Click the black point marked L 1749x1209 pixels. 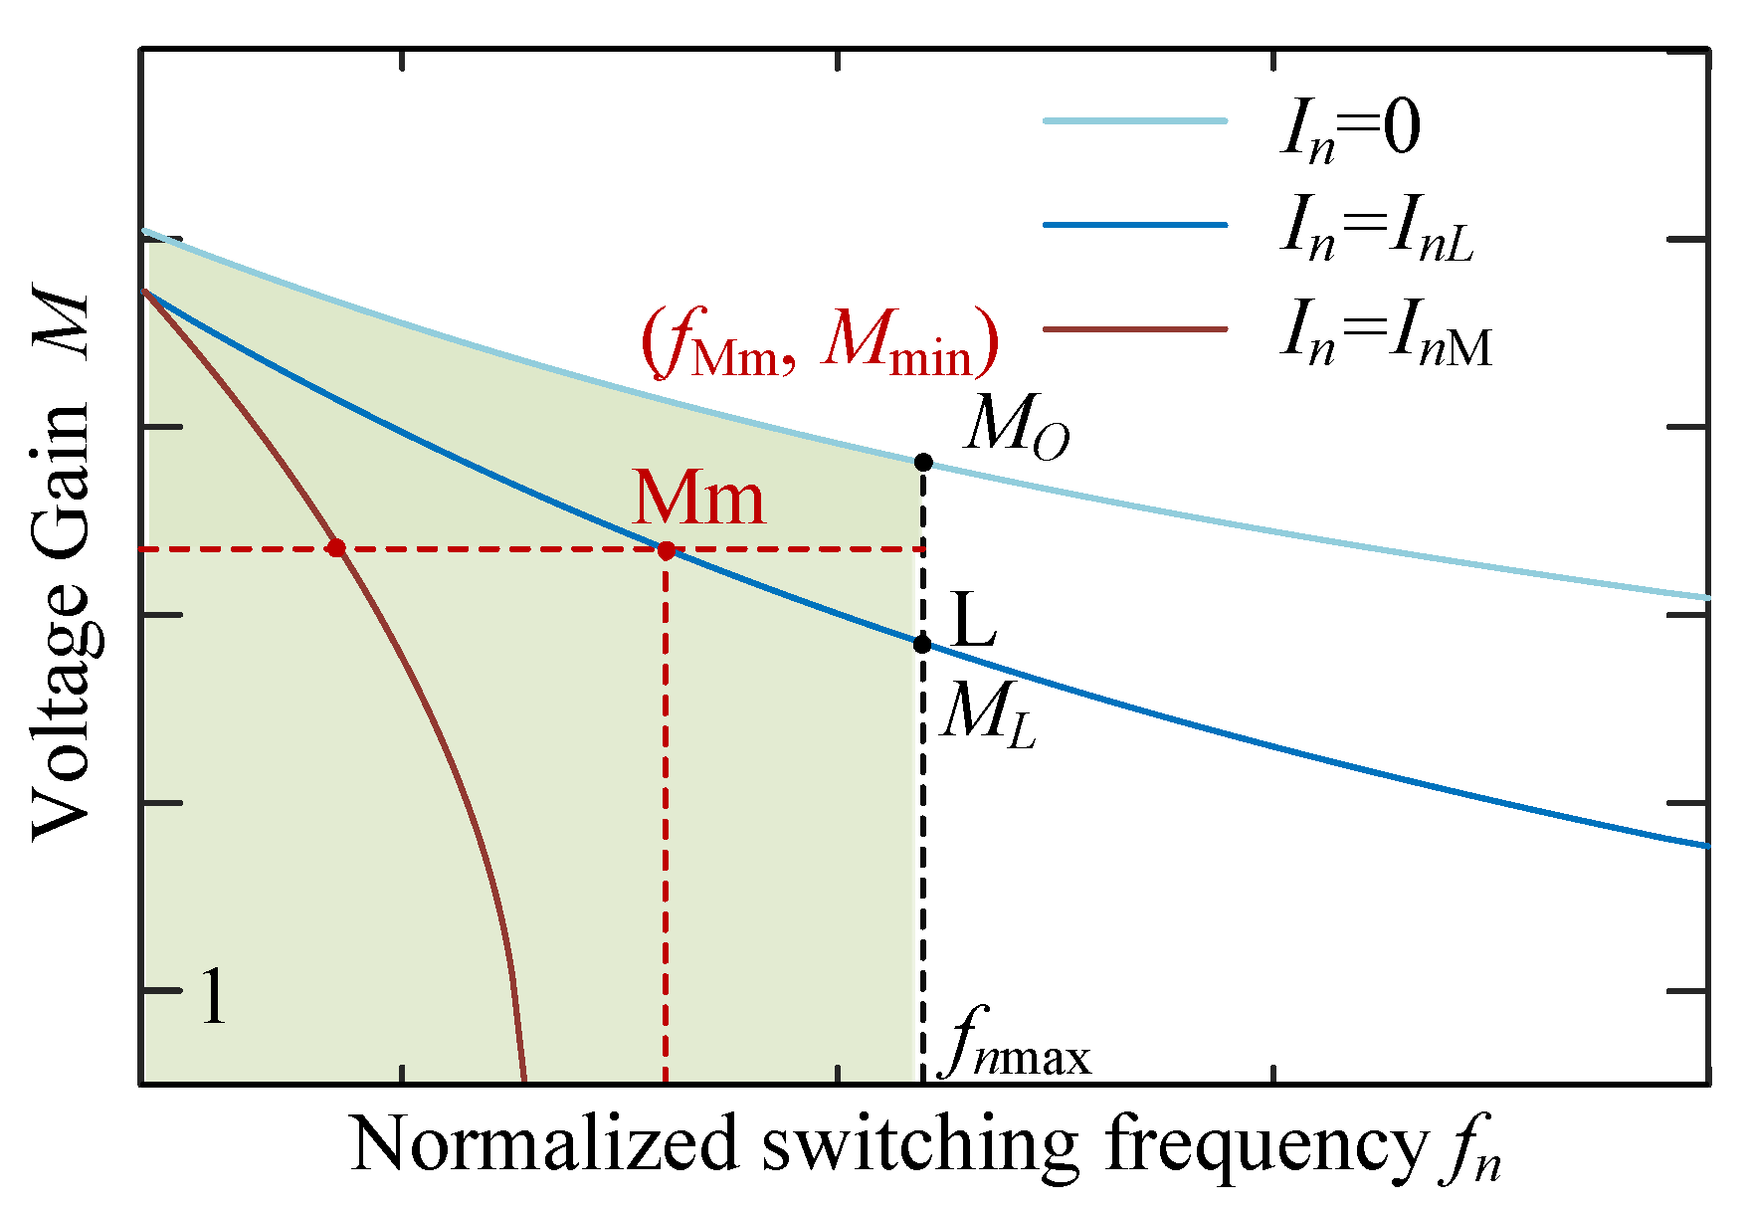pyautogui.click(x=922, y=644)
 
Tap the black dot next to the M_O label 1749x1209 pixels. pyautogui.click(x=923, y=462)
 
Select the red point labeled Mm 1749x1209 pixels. pyautogui.click(x=666, y=549)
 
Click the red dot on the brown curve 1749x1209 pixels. pyautogui.click(x=336, y=548)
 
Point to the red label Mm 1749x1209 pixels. pyautogui.click(x=699, y=499)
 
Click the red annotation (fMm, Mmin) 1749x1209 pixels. pyautogui.click(x=819, y=343)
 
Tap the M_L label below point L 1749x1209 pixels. pyautogui.click(x=987, y=714)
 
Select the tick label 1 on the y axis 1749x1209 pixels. pyautogui.click(x=214, y=998)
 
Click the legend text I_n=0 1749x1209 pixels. pyautogui.click(x=1350, y=130)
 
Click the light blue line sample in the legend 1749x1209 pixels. pyautogui.click(x=1135, y=120)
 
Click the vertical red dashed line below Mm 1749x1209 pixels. pyautogui.click(x=665, y=816)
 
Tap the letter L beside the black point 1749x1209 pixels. pyautogui.click(x=974, y=620)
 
